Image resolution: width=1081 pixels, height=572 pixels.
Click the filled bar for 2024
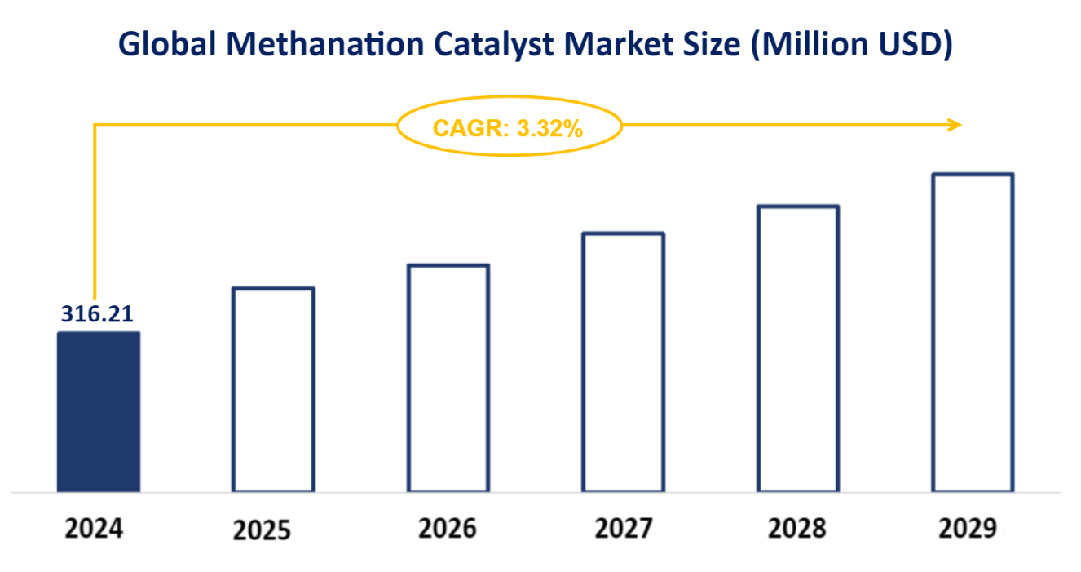pyautogui.click(x=98, y=411)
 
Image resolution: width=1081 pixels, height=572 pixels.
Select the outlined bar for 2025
pyautogui.click(x=273, y=389)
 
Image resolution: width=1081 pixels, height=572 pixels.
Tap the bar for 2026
pyautogui.click(x=448, y=378)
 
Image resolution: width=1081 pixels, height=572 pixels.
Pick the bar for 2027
pyautogui.click(x=624, y=361)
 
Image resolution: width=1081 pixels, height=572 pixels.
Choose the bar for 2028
pyautogui.click(x=798, y=348)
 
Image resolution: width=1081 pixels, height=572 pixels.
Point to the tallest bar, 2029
pyautogui.click(x=973, y=332)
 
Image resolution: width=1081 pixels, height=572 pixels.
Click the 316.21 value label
pyautogui.click(x=97, y=314)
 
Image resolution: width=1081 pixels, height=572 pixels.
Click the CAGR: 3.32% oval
pyautogui.click(x=509, y=127)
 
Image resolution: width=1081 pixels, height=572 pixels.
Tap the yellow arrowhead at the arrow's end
pyautogui.click(x=955, y=125)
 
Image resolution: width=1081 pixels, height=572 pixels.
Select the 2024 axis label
pyautogui.click(x=94, y=529)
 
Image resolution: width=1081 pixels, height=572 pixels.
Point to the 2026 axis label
pyautogui.click(x=448, y=529)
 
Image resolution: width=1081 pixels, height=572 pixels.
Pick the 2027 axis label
pyautogui.click(x=624, y=529)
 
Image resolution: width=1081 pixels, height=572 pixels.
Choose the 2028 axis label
pyautogui.click(x=796, y=529)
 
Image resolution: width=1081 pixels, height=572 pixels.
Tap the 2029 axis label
pyautogui.click(x=967, y=529)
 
